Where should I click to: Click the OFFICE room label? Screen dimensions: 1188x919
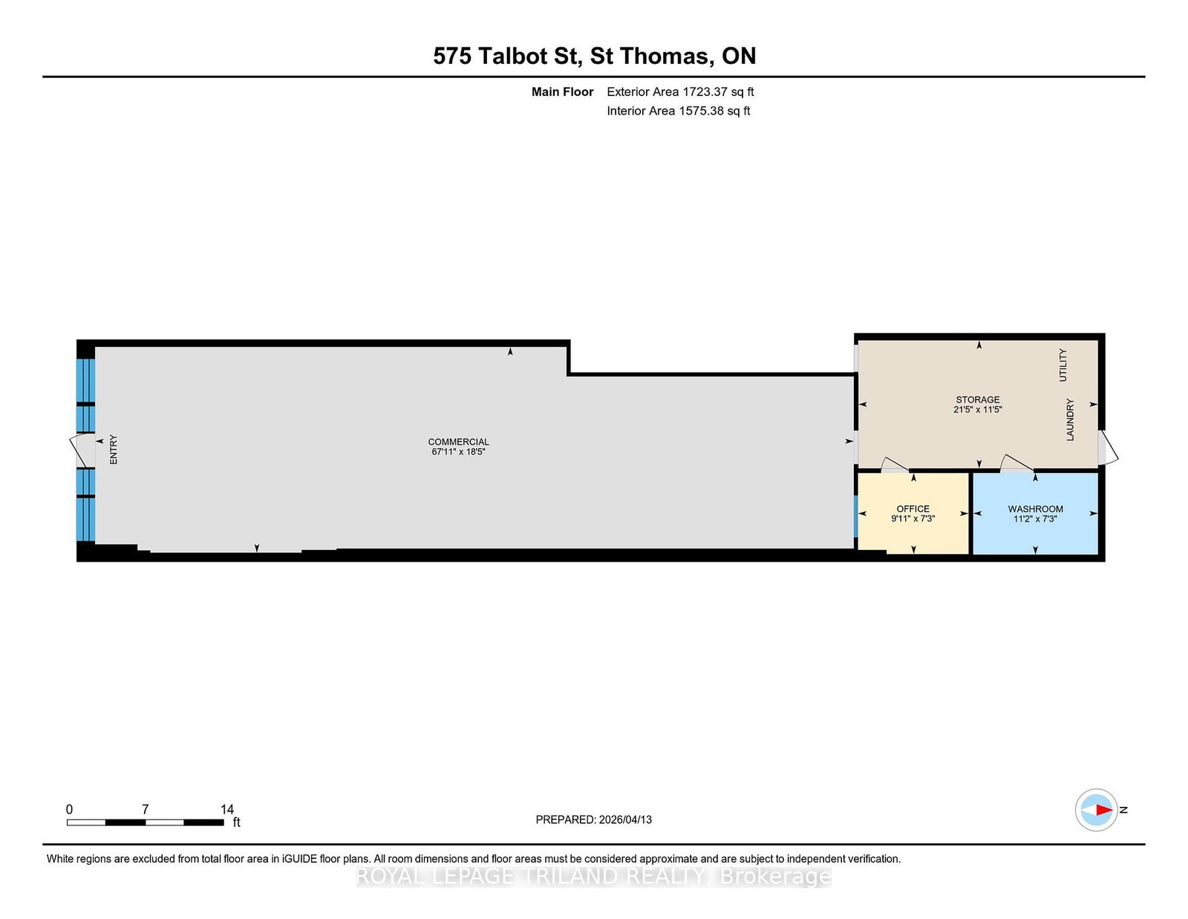[913, 509]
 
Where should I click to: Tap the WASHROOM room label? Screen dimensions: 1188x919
[1035, 509]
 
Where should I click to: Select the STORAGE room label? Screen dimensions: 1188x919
[978, 400]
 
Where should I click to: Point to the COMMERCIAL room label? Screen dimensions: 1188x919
[458, 441]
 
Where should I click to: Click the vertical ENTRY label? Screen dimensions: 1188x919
[114, 449]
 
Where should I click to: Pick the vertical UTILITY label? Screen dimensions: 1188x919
[1063, 365]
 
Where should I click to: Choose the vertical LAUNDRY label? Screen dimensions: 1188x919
[1070, 420]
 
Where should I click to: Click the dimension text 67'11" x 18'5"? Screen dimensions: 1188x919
[458, 451]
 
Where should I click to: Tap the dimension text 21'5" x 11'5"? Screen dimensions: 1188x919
[978, 409]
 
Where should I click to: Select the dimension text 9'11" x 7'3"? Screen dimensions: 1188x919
[913, 519]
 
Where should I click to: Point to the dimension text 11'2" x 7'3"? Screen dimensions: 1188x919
[1035, 519]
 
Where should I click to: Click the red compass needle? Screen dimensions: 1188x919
[1104, 810]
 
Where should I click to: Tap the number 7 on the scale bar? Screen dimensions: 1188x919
[146, 809]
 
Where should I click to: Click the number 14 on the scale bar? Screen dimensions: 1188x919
[227, 809]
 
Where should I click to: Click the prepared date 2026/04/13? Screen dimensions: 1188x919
[625, 819]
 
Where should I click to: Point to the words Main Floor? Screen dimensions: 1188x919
[562, 92]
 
